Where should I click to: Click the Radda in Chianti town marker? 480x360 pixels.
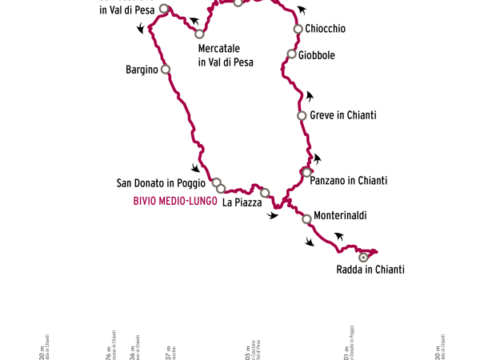[363, 258]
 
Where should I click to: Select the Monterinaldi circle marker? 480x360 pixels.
[306, 218]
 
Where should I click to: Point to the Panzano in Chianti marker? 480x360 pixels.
[306, 173]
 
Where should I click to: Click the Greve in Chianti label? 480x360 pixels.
[342, 115]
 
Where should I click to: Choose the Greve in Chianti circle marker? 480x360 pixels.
[302, 116]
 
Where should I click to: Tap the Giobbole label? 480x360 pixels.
[316, 55]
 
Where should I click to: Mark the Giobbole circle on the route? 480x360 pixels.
[292, 54]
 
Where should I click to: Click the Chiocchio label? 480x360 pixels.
[325, 29]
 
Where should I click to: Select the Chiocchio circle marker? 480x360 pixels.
[298, 29]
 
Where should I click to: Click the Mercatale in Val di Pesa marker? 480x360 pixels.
[199, 34]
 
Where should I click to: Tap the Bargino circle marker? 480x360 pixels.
[166, 70]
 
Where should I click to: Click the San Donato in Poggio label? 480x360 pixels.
[161, 183]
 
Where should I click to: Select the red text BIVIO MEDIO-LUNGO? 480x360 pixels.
[175, 202]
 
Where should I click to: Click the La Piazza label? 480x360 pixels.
[242, 203]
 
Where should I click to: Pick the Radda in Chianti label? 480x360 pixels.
[370, 270]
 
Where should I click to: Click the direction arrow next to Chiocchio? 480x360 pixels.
[302, 10]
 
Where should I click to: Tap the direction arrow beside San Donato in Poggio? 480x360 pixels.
[195, 168]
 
